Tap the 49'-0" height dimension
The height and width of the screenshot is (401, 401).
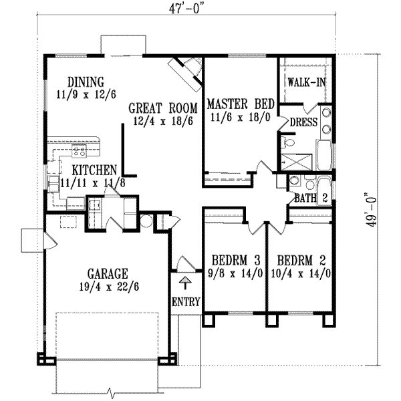point(371,209)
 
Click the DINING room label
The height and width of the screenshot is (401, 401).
point(86,82)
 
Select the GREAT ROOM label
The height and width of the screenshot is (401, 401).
point(163,108)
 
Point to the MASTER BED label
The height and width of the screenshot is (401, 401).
point(241,104)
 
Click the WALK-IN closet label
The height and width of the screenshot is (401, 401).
point(307,82)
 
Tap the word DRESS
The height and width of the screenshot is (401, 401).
point(303,122)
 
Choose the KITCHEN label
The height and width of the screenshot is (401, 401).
point(94,170)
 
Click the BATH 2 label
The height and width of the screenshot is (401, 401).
point(311,198)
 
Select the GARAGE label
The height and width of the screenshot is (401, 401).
point(108,273)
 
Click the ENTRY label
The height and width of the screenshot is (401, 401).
point(186,302)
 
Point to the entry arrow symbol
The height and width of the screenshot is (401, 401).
point(185,283)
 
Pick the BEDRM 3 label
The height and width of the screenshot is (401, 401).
point(236,261)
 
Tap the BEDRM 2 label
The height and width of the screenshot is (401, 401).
point(301,261)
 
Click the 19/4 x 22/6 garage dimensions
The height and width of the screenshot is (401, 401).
point(109,287)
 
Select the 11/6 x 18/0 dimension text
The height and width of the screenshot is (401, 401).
point(241,118)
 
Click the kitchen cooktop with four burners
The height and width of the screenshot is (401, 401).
point(80,150)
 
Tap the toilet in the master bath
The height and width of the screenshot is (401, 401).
point(287,142)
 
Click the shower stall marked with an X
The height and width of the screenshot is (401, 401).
point(297,162)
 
